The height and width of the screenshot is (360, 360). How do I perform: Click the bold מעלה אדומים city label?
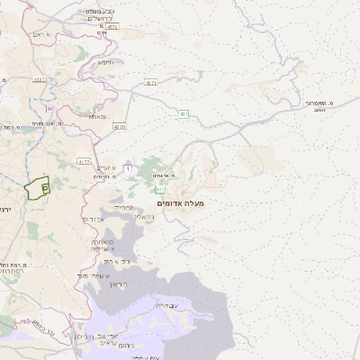coord(180,204)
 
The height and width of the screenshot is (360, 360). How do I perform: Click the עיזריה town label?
coord(123,206)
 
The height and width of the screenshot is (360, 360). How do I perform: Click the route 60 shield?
coord(50,109)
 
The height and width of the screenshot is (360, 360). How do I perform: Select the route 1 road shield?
coord(129,168)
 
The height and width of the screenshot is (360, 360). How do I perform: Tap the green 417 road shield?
coord(159,190)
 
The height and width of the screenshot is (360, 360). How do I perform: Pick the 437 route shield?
coord(184,113)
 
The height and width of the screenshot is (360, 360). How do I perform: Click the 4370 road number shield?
coord(120,127)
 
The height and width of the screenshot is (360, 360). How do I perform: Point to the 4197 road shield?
coord(40,79)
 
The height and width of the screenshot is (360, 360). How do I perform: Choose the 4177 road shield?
coord(84,161)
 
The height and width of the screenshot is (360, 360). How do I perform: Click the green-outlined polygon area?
coord(36,188)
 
